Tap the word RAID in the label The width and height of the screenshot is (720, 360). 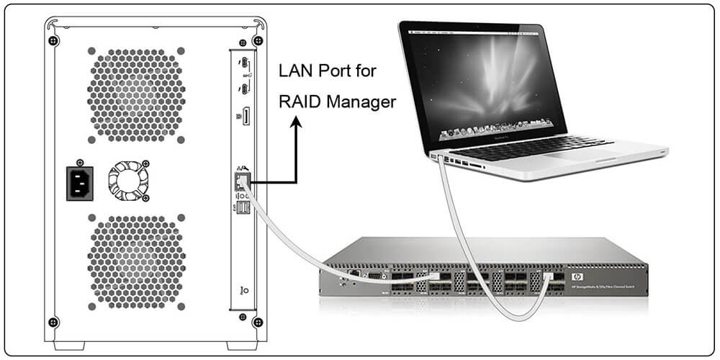point(300,102)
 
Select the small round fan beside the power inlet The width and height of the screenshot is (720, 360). point(128,178)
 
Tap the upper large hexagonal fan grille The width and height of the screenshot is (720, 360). point(135,94)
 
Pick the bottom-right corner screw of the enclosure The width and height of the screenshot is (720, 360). point(258,322)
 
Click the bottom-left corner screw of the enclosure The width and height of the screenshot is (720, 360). point(51,322)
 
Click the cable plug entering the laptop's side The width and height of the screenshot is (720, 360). point(438,157)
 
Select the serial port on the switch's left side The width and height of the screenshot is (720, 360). point(374,274)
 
